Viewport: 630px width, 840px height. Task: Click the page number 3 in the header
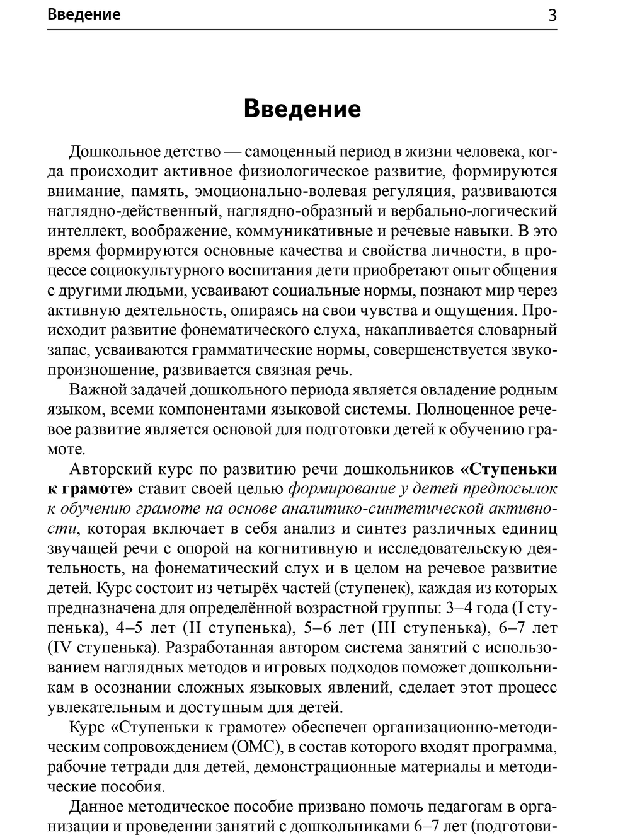coord(552,15)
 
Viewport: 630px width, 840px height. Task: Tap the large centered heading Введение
coord(302,109)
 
